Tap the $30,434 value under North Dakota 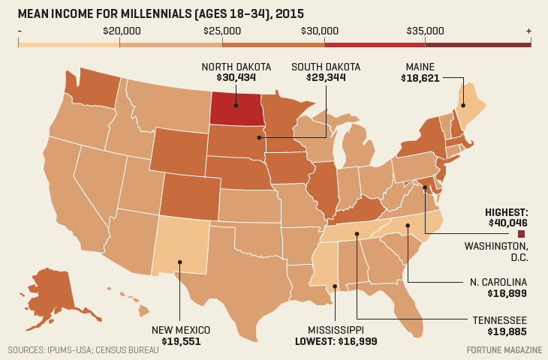(x=236, y=77)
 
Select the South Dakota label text (x=326, y=67)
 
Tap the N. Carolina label (x=498, y=281)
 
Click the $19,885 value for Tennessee (x=506, y=331)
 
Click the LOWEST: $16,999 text (x=336, y=340)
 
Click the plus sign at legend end (x=528, y=31)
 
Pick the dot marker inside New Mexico (x=180, y=262)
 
